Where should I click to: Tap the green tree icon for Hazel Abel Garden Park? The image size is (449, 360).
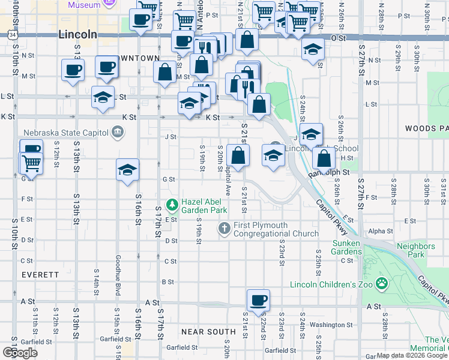(173, 206)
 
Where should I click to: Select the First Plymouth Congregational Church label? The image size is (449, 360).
(276, 229)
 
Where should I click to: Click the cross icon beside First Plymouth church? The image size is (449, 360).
(224, 228)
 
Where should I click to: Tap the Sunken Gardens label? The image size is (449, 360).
(348, 247)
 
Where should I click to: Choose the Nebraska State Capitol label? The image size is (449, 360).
(65, 132)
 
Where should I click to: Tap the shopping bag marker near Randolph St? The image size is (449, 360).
(324, 159)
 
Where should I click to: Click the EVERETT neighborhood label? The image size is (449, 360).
(40, 274)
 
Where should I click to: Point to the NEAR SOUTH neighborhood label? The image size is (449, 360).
(208, 332)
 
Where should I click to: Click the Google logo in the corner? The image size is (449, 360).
(20, 353)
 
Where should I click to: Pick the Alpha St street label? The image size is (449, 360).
(380, 231)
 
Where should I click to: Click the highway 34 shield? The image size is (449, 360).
(13, 35)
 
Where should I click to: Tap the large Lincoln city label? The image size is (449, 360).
(77, 35)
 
